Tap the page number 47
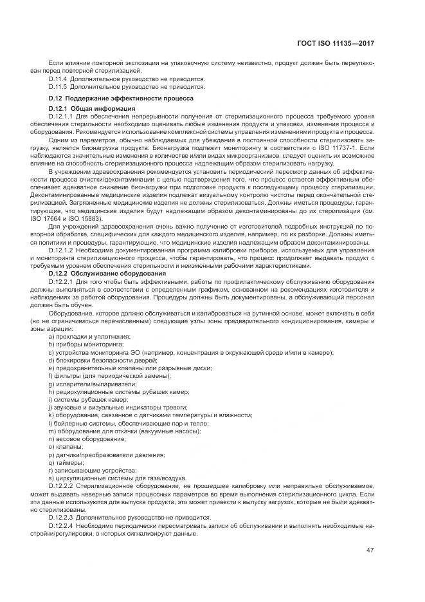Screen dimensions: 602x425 pos(370,549)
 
